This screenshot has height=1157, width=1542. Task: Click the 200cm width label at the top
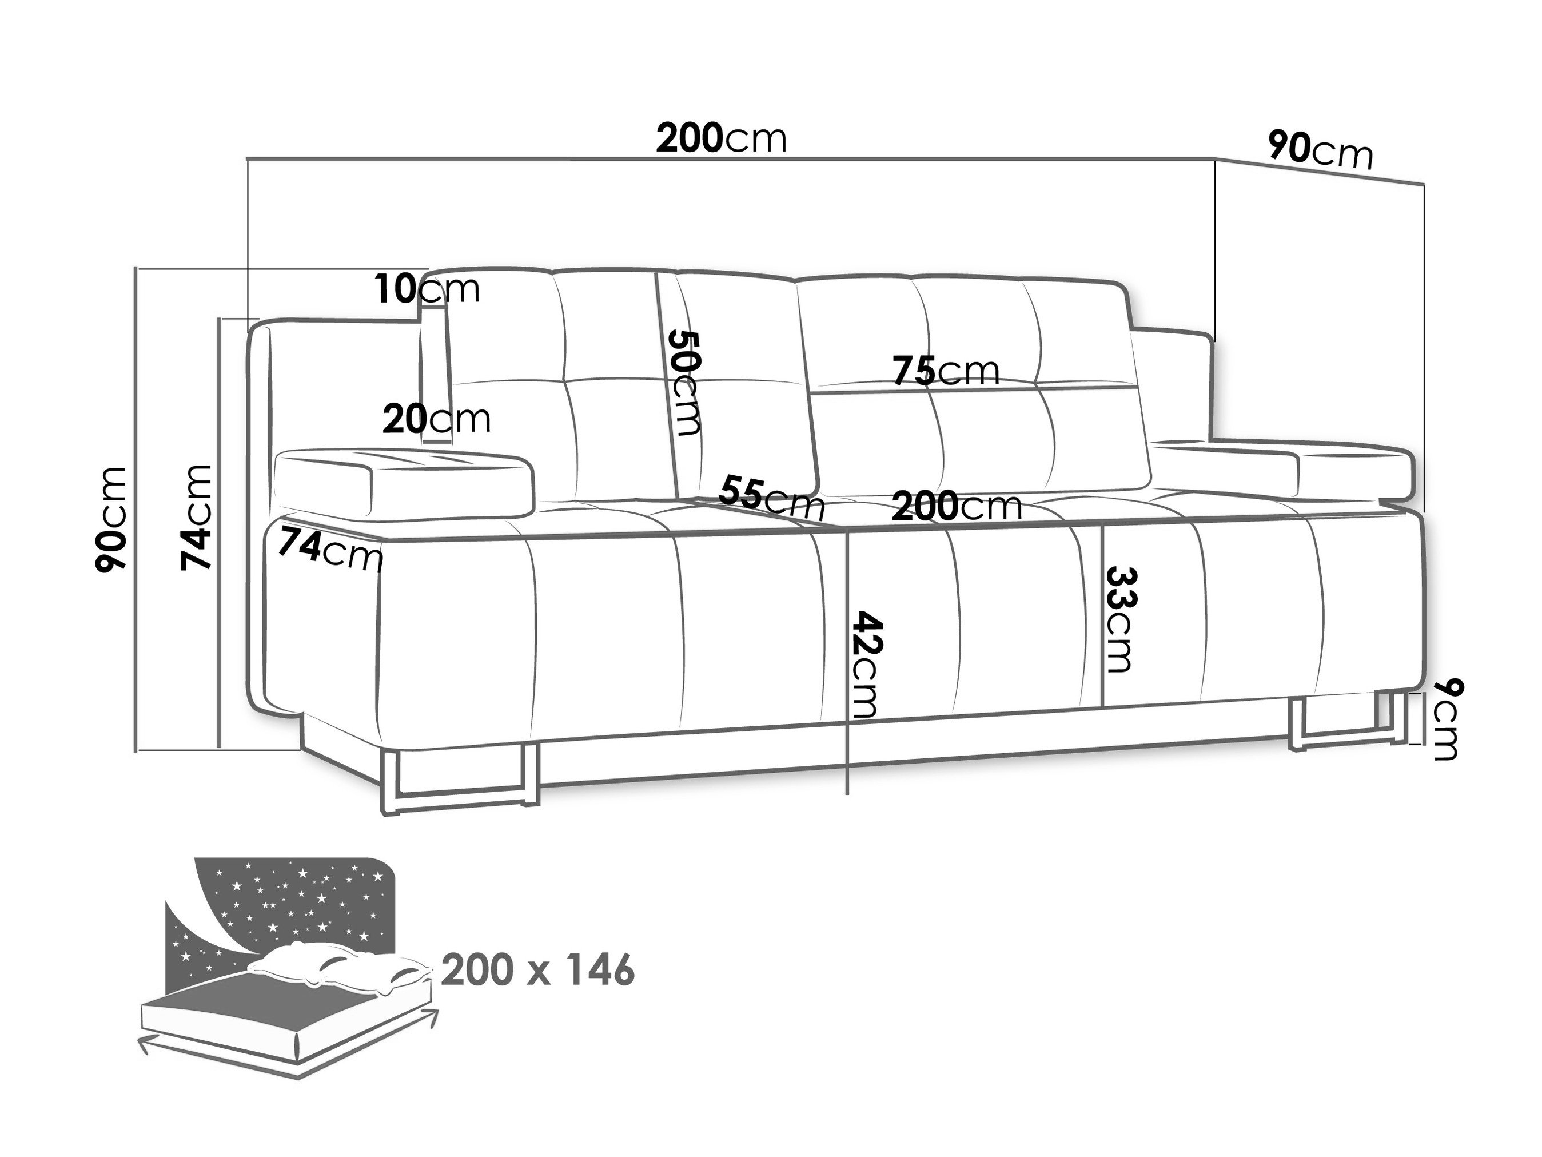coord(722,139)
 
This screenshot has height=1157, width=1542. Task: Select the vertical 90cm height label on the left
coord(111,519)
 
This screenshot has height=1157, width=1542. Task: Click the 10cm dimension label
coord(427,289)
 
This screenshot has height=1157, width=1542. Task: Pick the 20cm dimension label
coord(437,419)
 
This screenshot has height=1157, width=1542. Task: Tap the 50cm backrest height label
coord(684,383)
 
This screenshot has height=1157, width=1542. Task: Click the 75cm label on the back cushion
coord(947,371)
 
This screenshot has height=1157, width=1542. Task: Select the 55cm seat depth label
coord(772,496)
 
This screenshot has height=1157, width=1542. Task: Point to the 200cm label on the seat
coord(957,506)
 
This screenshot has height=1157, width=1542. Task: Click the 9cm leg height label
coord(1440,718)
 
